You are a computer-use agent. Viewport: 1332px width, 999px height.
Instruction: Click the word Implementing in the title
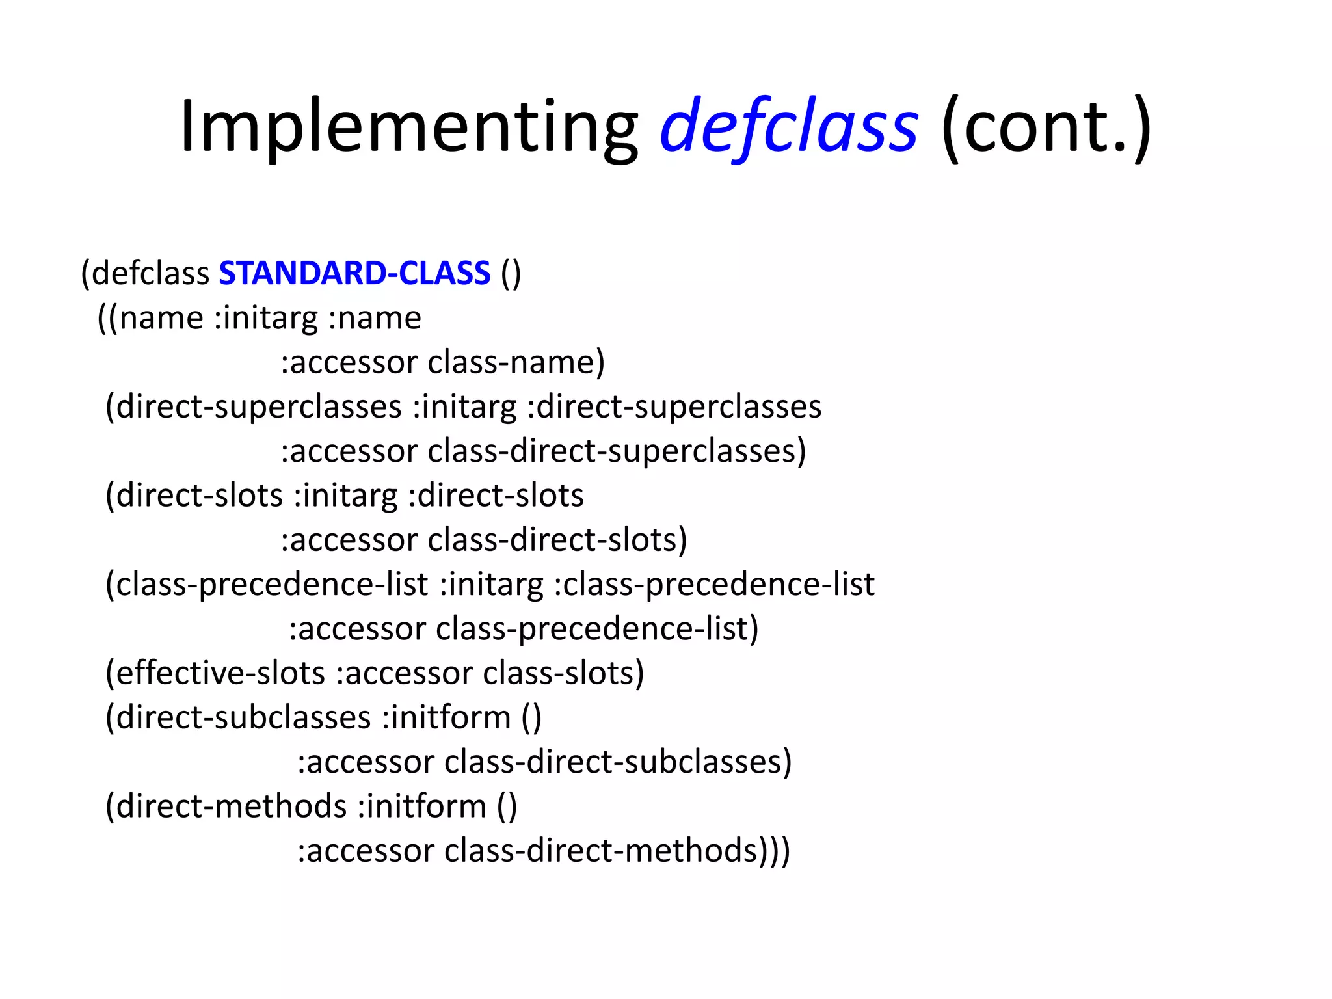click(x=408, y=127)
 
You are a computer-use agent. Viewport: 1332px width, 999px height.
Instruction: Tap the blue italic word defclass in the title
click(x=788, y=127)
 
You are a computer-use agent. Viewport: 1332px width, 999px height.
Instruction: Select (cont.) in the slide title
click(x=1046, y=127)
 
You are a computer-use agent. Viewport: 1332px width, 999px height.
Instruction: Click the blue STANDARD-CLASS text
click(x=354, y=273)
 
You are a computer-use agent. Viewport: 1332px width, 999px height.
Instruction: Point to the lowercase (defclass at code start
click(x=145, y=273)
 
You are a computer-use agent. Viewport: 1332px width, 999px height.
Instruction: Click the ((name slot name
click(x=150, y=318)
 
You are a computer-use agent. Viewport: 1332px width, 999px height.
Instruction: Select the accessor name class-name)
click(x=516, y=362)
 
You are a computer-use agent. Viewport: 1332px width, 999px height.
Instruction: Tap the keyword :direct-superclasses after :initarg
click(x=674, y=407)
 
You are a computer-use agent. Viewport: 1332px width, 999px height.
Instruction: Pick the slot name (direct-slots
click(x=194, y=496)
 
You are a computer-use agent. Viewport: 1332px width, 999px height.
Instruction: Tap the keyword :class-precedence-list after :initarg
click(x=714, y=585)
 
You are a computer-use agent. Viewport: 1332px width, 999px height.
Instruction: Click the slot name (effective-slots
click(x=215, y=673)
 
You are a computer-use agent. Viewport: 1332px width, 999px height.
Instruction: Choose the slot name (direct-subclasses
click(x=238, y=718)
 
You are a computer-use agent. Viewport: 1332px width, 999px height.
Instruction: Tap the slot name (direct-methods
click(x=226, y=806)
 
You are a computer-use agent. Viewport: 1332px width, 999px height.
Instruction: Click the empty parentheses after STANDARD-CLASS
click(x=511, y=273)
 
